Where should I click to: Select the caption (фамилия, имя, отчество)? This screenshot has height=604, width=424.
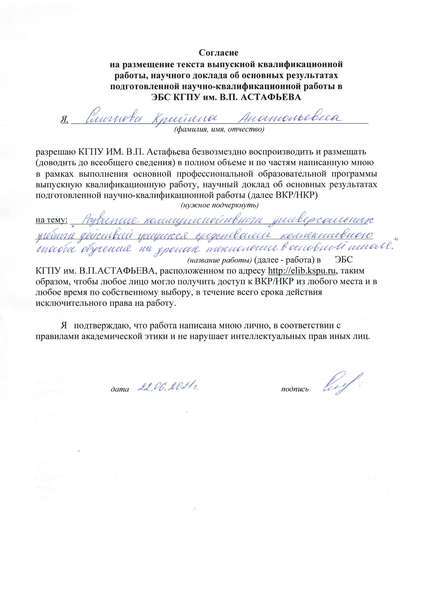click(x=218, y=129)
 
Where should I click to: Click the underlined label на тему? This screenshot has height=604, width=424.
click(x=52, y=220)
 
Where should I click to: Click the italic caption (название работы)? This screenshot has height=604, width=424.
click(x=220, y=260)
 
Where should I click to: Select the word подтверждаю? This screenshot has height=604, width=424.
click(x=101, y=326)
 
